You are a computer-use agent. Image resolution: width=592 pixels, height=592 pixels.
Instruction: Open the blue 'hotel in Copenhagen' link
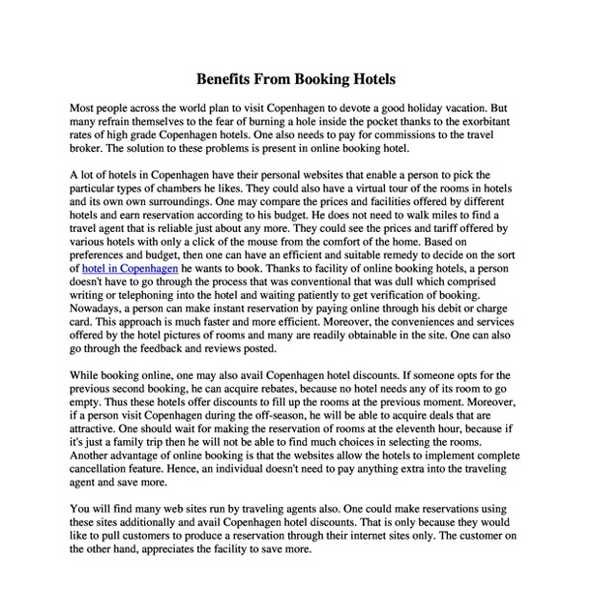[130, 267]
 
